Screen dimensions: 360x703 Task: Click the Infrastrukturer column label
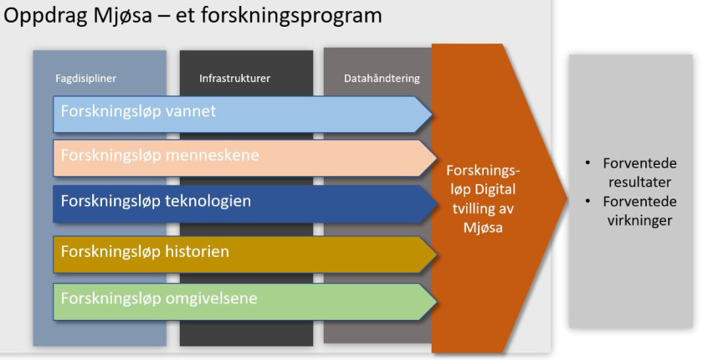coord(234,79)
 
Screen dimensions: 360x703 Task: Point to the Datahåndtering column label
coord(382,79)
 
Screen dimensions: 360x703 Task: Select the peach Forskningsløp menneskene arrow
coord(243,157)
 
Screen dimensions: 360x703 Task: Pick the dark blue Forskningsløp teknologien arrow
coord(243,203)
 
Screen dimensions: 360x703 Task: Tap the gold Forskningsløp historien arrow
coord(243,253)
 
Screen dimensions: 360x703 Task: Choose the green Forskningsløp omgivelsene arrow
coord(243,300)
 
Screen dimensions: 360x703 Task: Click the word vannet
coord(191,111)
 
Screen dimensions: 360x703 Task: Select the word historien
coord(198,251)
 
